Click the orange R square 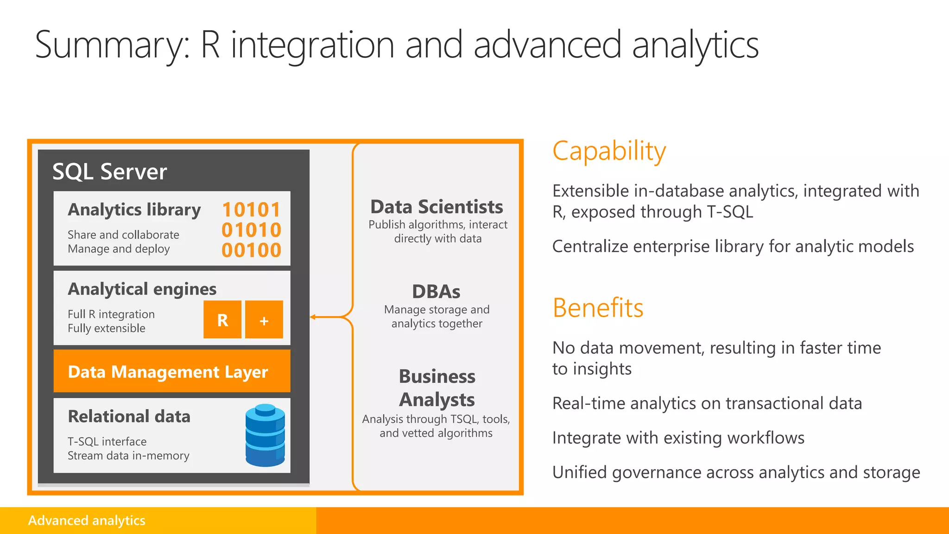[x=222, y=320]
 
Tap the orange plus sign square [x=264, y=320]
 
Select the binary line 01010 [x=251, y=230]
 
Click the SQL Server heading [x=109, y=172]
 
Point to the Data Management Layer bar [x=172, y=371]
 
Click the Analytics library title [x=134, y=210]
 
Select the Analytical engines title [x=142, y=289]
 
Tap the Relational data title [x=129, y=416]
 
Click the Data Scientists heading [x=437, y=207]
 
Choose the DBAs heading [x=436, y=292]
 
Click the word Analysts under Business [x=437, y=400]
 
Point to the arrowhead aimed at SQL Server [x=313, y=317]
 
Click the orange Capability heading [x=609, y=151]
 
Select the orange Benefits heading [x=598, y=308]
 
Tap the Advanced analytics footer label [x=87, y=521]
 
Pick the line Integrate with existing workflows [x=678, y=438]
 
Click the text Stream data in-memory [x=128, y=456]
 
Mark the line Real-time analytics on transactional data [x=707, y=403]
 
